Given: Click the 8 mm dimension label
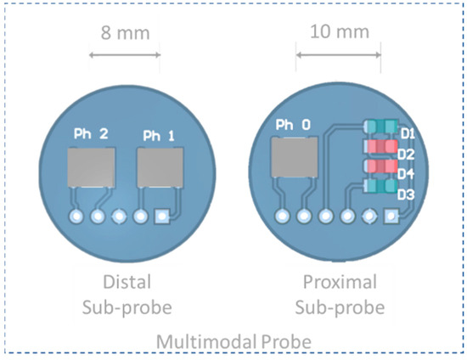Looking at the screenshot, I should [x=124, y=33].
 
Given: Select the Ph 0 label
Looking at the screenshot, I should [x=293, y=126].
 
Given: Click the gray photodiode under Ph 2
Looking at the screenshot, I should [x=92, y=167].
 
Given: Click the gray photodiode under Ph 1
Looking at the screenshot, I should [x=160, y=167].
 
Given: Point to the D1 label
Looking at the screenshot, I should [x=407, y=134].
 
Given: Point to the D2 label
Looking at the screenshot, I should [x=406, y=154].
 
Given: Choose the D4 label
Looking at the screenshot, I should [x=406, y=174].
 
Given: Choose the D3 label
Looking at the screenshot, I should [x=406, y=194].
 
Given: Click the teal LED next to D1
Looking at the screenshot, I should [x=379, y=127].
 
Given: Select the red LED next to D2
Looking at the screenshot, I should [x=379, y=147].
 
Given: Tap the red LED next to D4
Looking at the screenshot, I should [x=379, y=166].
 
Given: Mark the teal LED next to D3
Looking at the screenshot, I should [x=379, y=186].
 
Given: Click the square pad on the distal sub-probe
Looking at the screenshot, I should [x=161, y=217].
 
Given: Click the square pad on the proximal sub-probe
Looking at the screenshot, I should [x=391, y=216].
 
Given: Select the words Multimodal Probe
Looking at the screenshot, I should [x=233, y=340].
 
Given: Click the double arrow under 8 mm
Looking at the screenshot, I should [x=124, y=56].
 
